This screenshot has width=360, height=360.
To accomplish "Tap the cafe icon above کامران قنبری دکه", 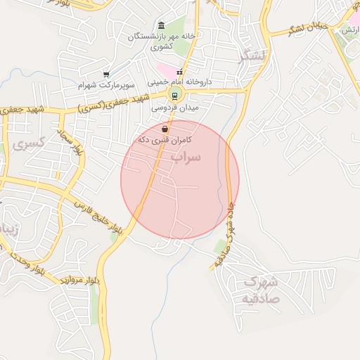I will tap(165, 129).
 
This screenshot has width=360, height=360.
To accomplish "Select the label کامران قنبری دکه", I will tap(165, 140).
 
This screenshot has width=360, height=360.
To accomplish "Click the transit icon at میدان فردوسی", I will tap(174, 96).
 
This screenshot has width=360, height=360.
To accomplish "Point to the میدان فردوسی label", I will tap(180, 108).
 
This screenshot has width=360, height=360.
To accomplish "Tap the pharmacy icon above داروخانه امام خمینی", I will tap(179, 72).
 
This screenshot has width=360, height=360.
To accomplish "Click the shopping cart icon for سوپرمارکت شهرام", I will tap(106, 74).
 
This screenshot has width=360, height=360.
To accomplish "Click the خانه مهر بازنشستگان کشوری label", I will tap(157, 40).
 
